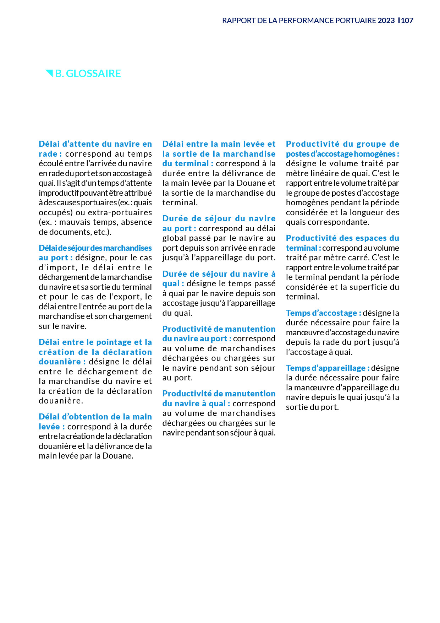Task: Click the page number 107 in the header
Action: point(407,21)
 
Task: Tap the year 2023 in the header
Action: point(386,21)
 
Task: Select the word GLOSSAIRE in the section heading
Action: point(93,74)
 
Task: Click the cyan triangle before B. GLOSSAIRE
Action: point(49,73)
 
